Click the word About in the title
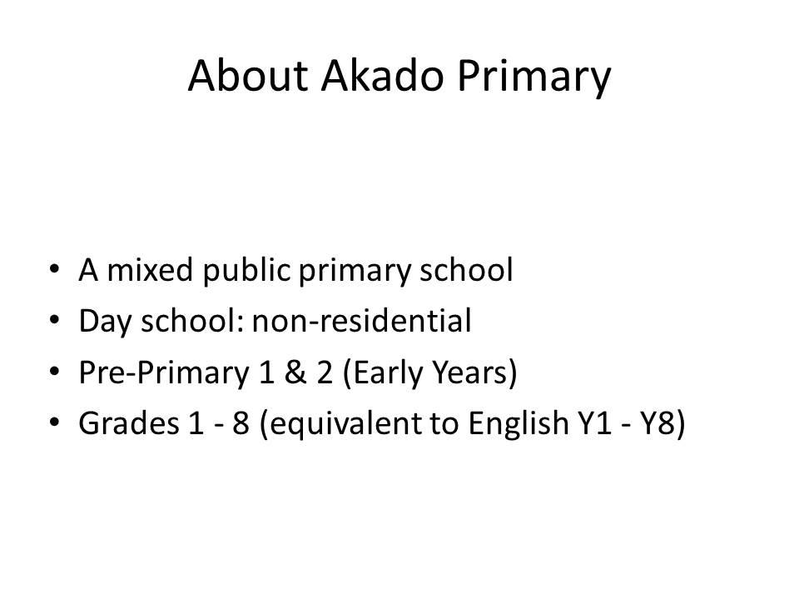click(248, 76)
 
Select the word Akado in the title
click(383, 76)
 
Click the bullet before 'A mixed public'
click(55, 269)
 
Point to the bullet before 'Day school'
click(55, 320)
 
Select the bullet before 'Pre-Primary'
click(55, 372)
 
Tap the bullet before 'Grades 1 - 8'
click(55, 422)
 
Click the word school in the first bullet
click(466, 269)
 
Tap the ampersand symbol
click(296, 372)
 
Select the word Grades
click(129, 423)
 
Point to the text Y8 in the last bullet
click(663, 424)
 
